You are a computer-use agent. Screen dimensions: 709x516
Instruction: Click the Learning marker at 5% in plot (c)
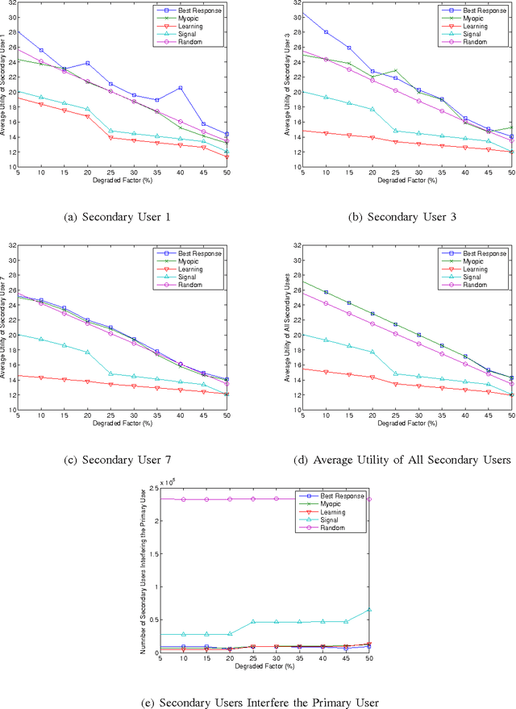click(x=18, y=376)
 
